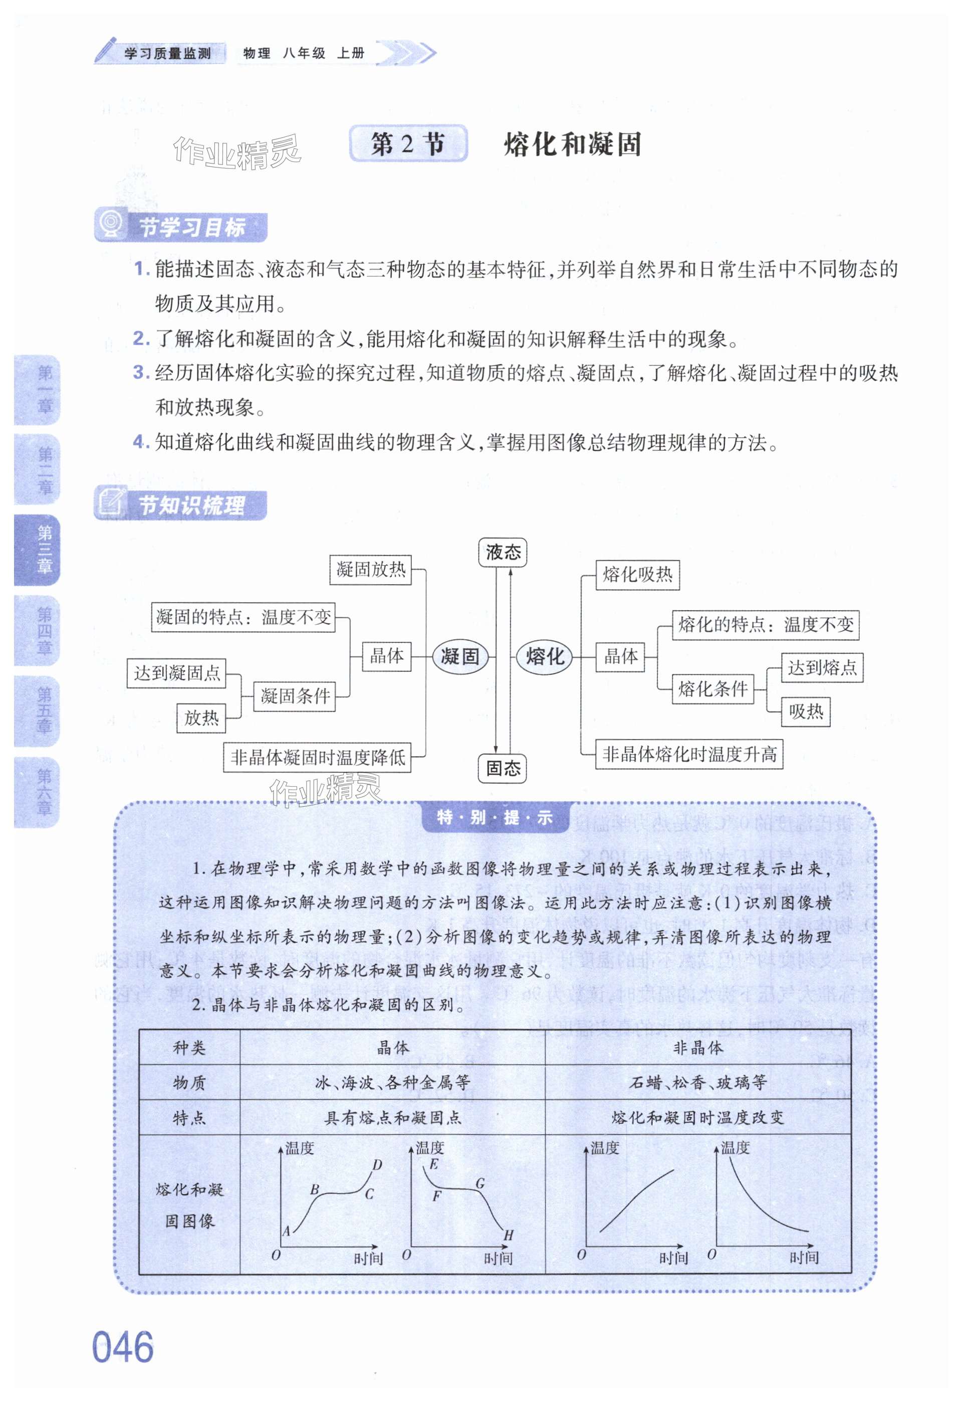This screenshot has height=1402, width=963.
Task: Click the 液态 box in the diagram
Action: [x=503, y=552]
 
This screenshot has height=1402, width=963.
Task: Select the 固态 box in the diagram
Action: [x=502, y=768]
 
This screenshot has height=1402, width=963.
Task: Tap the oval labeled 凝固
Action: [x=460, y=656]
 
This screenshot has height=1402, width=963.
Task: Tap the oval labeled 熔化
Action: [x=544, y=656]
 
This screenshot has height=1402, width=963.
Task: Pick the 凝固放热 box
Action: [x=370, y=569]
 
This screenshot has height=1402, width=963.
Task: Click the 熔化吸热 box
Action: [x=637, y=574]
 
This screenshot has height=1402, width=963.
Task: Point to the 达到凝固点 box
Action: [x=176, y=672]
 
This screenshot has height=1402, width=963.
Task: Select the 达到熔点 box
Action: [x=822, y=667]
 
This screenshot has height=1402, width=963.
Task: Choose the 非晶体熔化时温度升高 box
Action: [x=689, y=754]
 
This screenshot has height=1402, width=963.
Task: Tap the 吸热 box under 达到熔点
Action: [x=806, y=712]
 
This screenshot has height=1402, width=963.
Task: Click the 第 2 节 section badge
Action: [x=408, y=144]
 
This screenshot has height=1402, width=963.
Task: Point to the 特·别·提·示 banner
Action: [x=494, y=817]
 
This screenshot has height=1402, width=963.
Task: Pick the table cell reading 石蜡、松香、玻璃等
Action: [x=697, y=1082]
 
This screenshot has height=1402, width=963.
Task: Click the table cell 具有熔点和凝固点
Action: [x=393, y=1118]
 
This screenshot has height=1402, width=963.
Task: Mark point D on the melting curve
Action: [x=377, y=1165]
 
